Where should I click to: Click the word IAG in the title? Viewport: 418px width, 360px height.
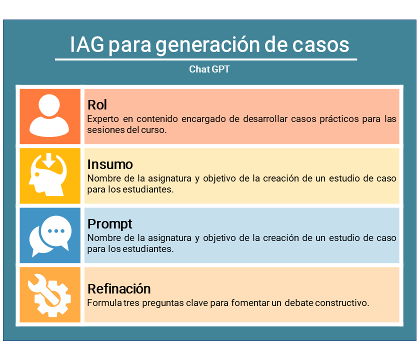[x=87, y=44]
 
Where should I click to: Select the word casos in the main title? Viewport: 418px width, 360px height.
[x=320, y=44]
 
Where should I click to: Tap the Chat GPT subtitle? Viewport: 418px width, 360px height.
[x=209, y=69]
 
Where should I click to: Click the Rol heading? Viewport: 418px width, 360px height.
[x=97, y=105]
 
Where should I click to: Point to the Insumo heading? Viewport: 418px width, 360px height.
[x=110, y=164]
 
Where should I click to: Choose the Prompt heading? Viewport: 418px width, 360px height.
[x=110, y=224]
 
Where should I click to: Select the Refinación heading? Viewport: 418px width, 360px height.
[x=119, y=289]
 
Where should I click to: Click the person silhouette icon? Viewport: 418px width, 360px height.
[x=49, y=115]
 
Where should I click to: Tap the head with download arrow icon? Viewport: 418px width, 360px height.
[x=48, y=174]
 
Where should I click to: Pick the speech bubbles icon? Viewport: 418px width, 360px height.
[x=50, y=236]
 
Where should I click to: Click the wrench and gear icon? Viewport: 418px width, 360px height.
[x=49, y=295]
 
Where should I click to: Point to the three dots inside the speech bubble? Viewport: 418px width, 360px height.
[x=56, y=231]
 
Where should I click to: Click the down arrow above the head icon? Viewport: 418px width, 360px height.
[x=49, y=160]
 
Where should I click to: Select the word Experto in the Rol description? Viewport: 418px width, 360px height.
[x=103, y=119]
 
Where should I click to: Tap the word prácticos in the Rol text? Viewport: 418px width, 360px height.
[x=339, y=119]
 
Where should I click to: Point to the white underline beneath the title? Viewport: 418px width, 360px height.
[x=206, y=59]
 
